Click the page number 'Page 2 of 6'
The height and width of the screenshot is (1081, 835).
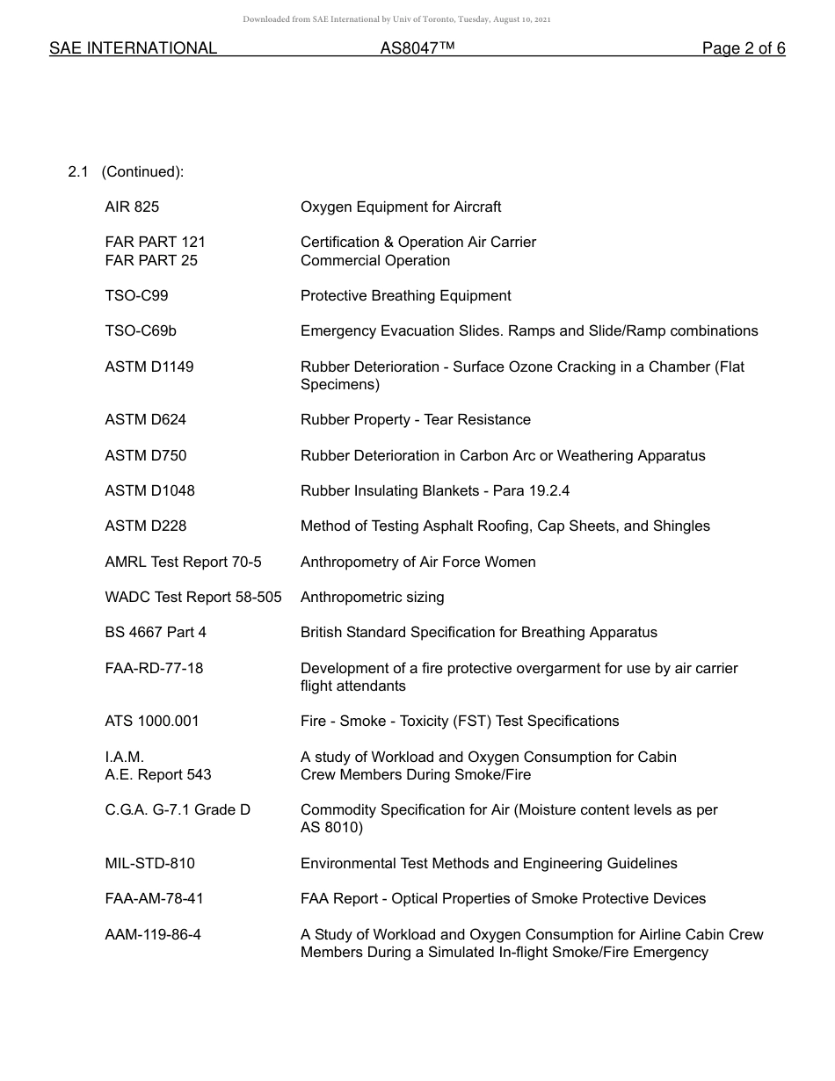pos(743,48)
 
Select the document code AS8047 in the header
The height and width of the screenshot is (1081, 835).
pos(417,48)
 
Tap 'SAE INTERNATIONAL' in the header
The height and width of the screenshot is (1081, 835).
pos(133,48)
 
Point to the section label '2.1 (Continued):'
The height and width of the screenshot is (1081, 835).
pos(126,172)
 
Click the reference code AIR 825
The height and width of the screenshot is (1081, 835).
pos(132,207)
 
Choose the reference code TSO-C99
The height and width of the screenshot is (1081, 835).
pos(136,296)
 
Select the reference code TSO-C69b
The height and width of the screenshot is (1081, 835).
pos(141,331)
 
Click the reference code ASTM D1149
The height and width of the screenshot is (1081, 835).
pos(149,366)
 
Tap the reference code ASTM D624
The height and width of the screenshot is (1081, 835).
pos(145,420)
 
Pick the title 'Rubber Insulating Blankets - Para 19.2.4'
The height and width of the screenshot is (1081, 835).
pos(435,491)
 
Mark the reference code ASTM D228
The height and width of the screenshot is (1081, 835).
pos(145,526)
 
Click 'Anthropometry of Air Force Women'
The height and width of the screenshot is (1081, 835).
pos(417,562)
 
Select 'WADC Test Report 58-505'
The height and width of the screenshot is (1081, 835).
pos(193,598)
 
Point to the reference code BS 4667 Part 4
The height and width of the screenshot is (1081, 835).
pos(156,633)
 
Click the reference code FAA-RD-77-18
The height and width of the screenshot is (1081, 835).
pos(154,669)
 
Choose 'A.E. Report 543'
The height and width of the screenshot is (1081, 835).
pos(158,775)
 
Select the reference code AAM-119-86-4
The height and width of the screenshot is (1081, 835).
pos(153,935)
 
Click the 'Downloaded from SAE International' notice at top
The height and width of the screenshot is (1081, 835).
pos(396,19)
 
